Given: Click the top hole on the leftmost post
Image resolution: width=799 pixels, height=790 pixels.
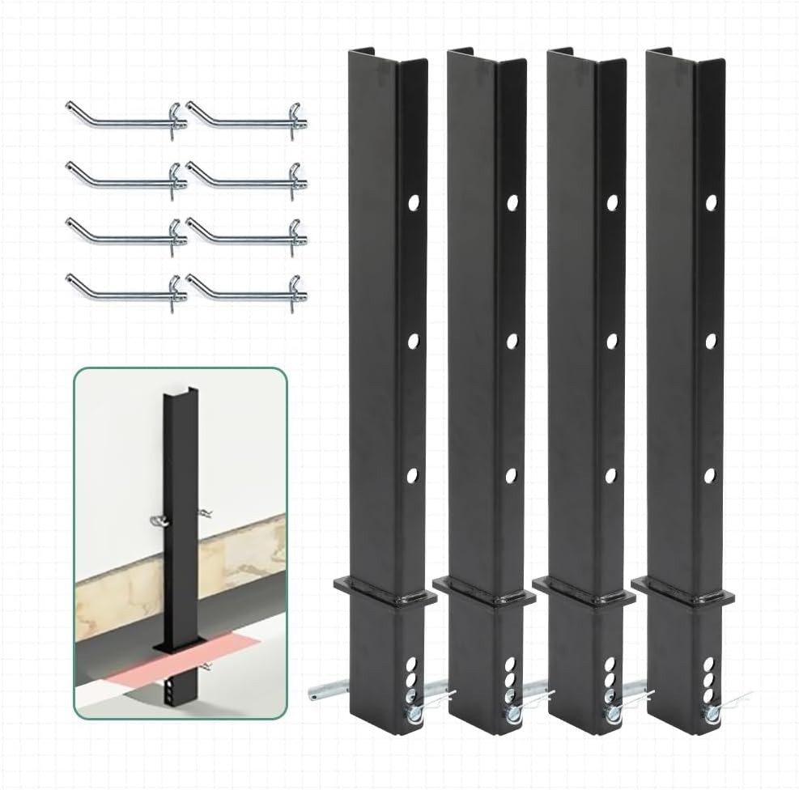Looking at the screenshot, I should tap(413, 201).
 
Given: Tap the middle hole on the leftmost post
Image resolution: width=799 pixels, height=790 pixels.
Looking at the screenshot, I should tap(413, 340).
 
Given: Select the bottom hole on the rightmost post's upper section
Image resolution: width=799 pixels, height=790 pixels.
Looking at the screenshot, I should tap(710, 475).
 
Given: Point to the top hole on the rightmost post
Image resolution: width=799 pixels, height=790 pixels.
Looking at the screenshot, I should tap(711, 202).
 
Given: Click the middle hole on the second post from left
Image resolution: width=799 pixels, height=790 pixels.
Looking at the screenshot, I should tap(512, 341).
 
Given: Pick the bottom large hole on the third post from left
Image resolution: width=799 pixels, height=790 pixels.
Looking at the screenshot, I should tap(611, 475).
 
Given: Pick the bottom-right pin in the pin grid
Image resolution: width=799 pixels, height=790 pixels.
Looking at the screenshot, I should tap(247, 288).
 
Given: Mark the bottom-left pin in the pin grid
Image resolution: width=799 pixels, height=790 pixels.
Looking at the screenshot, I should tap(125, 288).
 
